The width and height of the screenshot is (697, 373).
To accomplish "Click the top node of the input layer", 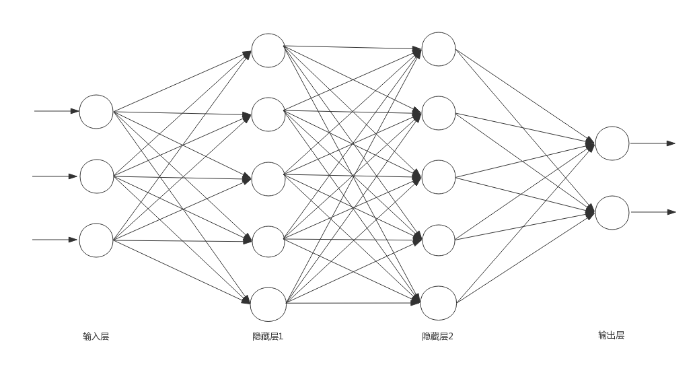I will tap(96, 112).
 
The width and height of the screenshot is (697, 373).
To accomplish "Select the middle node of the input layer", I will tap(97, 176).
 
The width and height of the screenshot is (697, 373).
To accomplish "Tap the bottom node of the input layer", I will tap(96, 240).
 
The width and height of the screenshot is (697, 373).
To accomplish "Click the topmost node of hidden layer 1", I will tap(268, 50).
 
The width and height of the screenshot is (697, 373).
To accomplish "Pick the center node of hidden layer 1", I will tap(268, 178).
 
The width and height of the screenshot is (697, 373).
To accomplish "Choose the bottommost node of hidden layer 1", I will tap(268, 304).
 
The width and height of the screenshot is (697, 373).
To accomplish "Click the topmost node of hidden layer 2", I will tap(439, 49).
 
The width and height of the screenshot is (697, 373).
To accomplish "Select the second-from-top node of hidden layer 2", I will tap(439, 113).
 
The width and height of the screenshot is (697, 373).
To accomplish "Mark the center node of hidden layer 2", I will tap(439, 177).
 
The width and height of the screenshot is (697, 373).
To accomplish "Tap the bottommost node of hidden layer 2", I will tap(439, 303).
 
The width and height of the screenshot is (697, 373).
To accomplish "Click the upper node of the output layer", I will tap(612, 143).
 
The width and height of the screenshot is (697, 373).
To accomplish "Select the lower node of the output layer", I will tap(612, 213).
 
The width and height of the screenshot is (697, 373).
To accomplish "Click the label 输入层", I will tap(96, 337).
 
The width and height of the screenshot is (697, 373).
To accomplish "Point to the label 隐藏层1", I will tap(268, 337).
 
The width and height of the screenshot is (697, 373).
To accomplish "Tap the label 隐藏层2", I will tap(437, 337).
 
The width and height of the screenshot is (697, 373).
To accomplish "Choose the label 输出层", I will tap(611, 335).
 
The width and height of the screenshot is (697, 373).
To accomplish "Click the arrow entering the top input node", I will tap(57, 111).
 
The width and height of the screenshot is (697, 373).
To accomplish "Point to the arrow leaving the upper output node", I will tap(653, 143).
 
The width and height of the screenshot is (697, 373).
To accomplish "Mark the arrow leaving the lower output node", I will tap(653, 212).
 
